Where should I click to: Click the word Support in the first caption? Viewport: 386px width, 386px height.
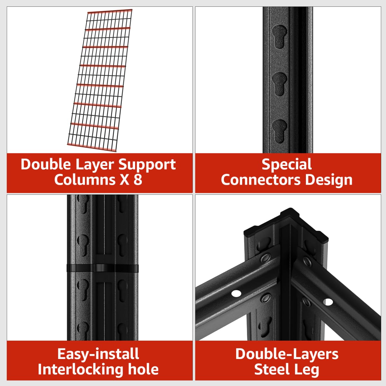pos(147,165)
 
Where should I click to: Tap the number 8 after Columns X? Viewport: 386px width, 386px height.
pos(138,179)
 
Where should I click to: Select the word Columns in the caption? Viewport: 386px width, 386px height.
pos(85,179)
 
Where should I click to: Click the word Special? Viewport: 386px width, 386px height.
pos(287,164)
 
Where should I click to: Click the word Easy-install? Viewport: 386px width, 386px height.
pos(98,354)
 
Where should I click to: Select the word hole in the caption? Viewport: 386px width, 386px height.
pos(143,369)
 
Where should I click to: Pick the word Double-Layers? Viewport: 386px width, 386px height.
pos(287,354)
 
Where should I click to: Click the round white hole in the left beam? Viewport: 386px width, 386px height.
pos(236,293)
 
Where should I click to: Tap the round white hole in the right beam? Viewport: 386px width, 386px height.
pos(328,302)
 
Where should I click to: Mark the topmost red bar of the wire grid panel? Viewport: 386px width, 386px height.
pos(110,12)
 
